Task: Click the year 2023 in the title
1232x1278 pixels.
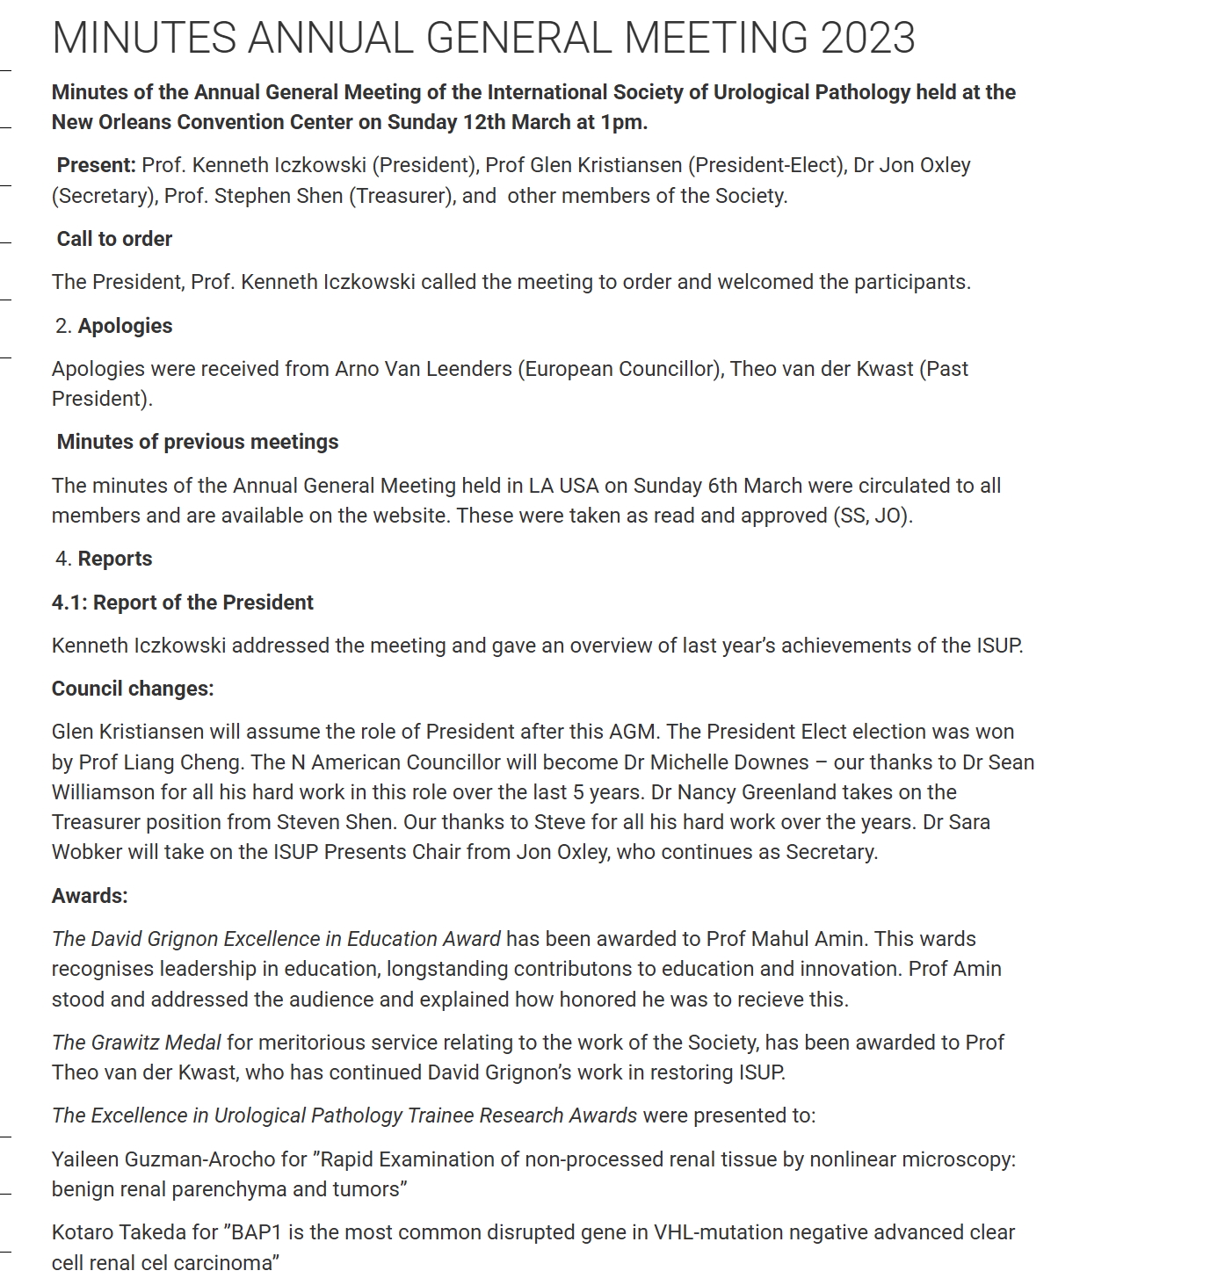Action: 867,38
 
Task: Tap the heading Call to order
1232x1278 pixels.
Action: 114,239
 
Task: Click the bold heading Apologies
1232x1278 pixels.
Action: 125,326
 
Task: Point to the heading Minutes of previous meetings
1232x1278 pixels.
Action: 198,442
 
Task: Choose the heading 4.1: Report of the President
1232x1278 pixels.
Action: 182,603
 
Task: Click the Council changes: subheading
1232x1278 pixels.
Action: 133,689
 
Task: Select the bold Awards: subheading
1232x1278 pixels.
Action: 90,896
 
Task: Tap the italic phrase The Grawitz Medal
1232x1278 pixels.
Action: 136,1043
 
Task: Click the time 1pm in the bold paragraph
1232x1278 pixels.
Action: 622,122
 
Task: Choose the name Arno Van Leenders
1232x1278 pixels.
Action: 423,369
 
